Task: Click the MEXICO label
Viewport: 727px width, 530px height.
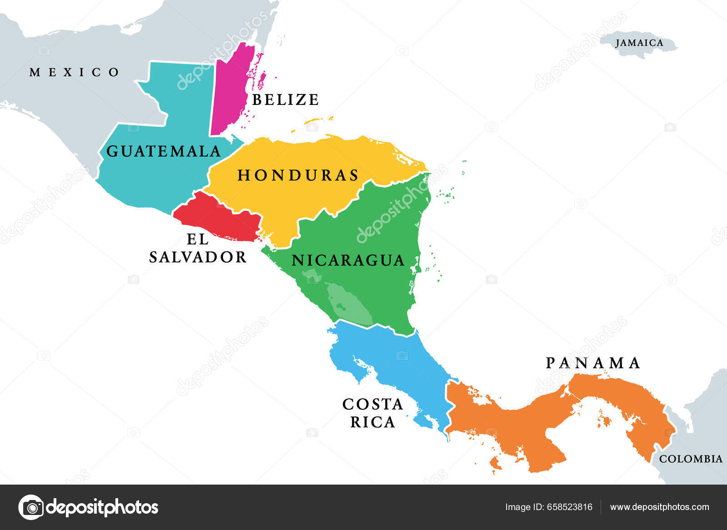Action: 75,72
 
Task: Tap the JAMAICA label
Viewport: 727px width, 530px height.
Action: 639,43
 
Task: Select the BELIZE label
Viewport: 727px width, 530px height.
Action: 285,100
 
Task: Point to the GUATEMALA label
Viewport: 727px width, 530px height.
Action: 164,151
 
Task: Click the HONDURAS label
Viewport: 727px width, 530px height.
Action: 298,175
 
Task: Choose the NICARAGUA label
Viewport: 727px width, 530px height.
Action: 348,260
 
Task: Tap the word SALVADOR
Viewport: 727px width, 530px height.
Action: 198,257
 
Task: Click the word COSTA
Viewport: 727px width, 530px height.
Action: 373,404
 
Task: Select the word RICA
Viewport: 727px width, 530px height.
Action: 373,422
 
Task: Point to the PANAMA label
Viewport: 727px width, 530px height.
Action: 593,363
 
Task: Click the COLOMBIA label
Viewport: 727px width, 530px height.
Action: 691,459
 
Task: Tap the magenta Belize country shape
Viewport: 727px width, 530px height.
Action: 229,91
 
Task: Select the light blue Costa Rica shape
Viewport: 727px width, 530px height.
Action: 395,359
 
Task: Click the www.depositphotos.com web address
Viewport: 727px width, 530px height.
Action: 659,507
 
